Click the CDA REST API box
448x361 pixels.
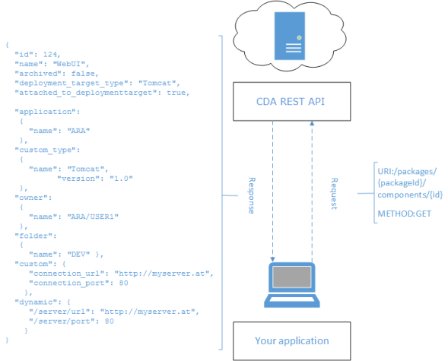click(x=291, y=103)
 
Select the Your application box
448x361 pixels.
click(x=291, y=340)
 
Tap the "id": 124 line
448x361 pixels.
click(x=38, y=55)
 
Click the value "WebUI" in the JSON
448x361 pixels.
click(x=77, y=64)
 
